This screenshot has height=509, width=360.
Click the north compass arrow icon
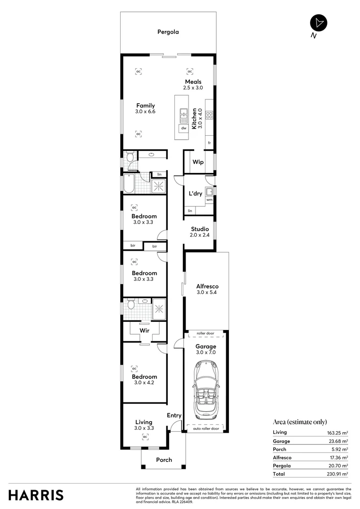coord(319,23)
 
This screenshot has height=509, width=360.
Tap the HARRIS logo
coord(36,495)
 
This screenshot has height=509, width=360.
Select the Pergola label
coord(168,32)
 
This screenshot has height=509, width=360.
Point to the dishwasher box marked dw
coord(183,128)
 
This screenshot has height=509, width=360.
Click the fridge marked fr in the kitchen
coord(209,142)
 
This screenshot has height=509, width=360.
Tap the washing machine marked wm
coord(209,200)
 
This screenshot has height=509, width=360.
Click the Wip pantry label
coord(198,162)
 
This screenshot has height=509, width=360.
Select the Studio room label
coord(200,229)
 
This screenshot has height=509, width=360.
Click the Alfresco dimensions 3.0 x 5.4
coord(207,292)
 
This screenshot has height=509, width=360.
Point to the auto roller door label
coord(206,428)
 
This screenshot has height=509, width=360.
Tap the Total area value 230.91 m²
coord(338,474)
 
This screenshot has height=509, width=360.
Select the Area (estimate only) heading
coord(300,422)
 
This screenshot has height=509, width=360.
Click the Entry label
coord(174,415)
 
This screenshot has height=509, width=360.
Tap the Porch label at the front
coord(164,460)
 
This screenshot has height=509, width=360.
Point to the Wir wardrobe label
coord(145,331)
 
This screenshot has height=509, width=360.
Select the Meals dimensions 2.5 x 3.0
coord(193,88)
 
